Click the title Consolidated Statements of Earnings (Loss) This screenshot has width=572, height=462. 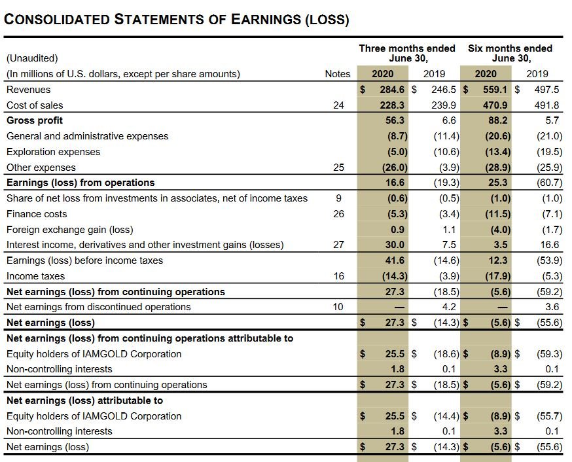click(x=177, y=19)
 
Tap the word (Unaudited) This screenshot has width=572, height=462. click(x=32, y=58)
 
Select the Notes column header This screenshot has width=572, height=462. click(x=338, y=74)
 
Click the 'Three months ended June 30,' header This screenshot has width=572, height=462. click(x=407, y=53)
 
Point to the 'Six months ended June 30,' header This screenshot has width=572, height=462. click(x=510, y=53)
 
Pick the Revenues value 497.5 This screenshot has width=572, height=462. click(x=547, y=90)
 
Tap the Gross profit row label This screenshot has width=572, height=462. click(x=35, y=120)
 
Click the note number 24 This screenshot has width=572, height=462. click(x=338, y=105)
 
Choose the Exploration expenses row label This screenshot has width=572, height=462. click(x=54, y=152)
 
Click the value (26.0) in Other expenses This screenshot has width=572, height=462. click(x=395, y=168)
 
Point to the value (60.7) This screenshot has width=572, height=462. click(x=549, y=183)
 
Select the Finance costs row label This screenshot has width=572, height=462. click(x=37, y=214)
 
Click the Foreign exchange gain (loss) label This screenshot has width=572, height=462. click(x=69, y=230)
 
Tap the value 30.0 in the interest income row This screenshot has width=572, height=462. click(x=395, y=245)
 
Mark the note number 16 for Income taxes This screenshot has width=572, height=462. click(x=338, y=276)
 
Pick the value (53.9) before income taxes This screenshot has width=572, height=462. click(x=549, y=260)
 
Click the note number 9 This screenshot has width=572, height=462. click(x=338, y=198)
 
